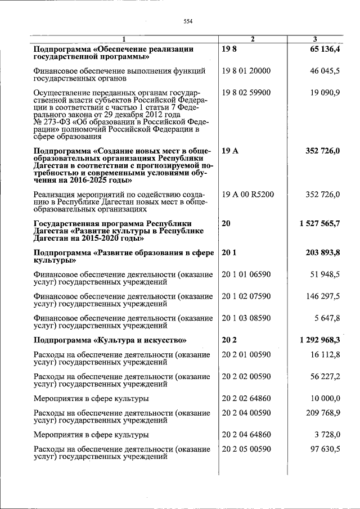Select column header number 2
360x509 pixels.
point(253,39)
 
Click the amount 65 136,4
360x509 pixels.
point(322,49)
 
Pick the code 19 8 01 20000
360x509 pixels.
point(246,71)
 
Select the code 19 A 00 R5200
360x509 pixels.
point(248,195)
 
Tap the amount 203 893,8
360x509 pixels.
point(322,253)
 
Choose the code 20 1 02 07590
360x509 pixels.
point(246,296)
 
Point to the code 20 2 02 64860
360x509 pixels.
point(246,398)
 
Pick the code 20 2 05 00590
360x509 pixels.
point(246,449)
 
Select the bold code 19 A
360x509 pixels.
point(229,151)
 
